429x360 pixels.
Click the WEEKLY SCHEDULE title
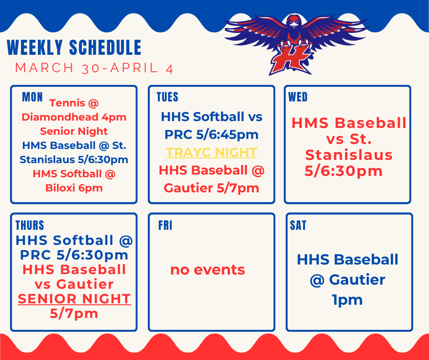point(74,48)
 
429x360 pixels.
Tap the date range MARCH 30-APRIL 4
point(94,68)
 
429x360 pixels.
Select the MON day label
point(32,97)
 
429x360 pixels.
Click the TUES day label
point(167,97)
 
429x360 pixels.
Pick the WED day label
point(298,97)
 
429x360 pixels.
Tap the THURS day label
point(30,225)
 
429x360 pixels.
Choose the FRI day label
point(165,226)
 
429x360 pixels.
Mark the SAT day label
point(298,226)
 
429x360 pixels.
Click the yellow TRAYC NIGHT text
point(211,152)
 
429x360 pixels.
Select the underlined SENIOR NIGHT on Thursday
point(74,299)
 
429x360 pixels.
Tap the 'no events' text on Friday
point(208,270)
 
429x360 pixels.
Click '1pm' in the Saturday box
point(348,300)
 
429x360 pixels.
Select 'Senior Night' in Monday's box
point(74,132)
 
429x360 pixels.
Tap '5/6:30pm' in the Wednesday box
point(344,171)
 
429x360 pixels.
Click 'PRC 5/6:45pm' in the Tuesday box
point(211,135)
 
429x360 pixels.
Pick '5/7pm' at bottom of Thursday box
point(74,313)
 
